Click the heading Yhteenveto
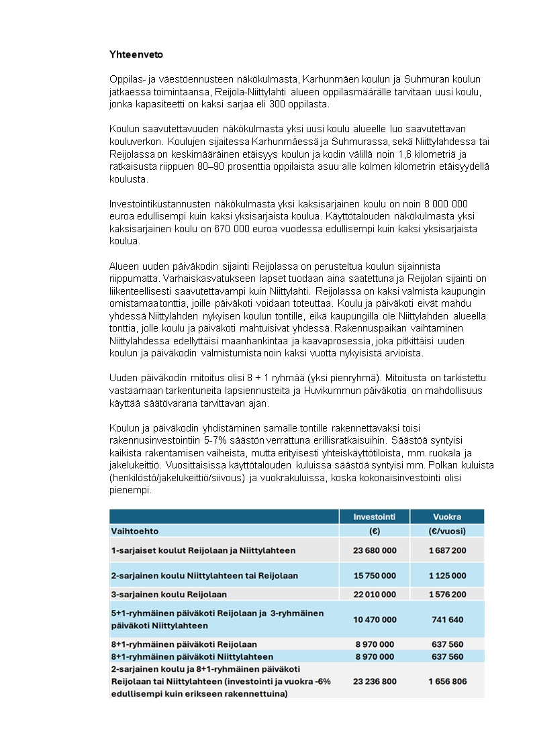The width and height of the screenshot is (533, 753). point(136,54)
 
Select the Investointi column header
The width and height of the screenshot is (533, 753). point(375,517)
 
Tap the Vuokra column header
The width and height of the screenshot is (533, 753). point(447,517)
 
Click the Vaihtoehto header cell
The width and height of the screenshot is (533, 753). point(135,531)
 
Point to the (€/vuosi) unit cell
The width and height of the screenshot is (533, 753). point(447,531)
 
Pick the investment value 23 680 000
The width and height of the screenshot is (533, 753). point(375,550)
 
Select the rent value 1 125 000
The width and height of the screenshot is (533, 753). point(447,576)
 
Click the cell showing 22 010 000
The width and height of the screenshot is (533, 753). point(375,595)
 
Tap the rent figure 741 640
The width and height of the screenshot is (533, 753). point(447,619)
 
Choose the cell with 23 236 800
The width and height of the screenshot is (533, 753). point(375,681)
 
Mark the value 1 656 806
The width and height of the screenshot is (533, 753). point(447,681)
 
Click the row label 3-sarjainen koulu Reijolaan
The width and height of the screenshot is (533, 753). point(169,595)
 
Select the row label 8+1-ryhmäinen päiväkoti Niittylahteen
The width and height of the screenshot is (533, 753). point(192,657)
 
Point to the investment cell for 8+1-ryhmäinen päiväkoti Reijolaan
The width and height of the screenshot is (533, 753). point(375,644)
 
